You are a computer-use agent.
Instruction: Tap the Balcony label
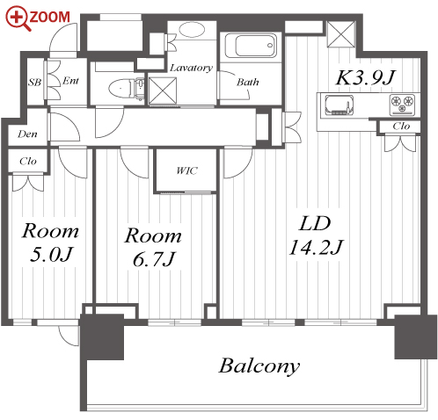tap(259, 366)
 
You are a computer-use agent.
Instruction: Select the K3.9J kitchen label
tap(366, 78)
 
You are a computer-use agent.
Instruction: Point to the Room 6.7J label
tap(153, 247)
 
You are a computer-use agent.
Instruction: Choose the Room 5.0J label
tap(50, 243)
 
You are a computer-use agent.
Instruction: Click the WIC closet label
tap(186, 170)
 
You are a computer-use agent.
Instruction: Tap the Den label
tap(27, 134)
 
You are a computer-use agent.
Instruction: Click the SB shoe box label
tap(34, 83)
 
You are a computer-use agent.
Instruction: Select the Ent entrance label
tap(70, 81)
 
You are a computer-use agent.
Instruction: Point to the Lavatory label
tap(191, 68)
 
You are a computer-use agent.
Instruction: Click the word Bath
tap(248, 82)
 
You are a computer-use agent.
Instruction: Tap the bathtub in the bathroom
tap(251, 46)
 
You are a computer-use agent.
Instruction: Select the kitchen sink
tap(339, 105)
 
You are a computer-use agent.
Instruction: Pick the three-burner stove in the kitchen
tap(402, 105)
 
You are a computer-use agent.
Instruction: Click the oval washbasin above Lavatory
tap(192, 30)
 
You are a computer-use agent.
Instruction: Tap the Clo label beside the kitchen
tap(401, 127)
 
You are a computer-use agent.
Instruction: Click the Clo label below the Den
tap(28, 161)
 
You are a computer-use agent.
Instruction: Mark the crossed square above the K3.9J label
tap(341, 34)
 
